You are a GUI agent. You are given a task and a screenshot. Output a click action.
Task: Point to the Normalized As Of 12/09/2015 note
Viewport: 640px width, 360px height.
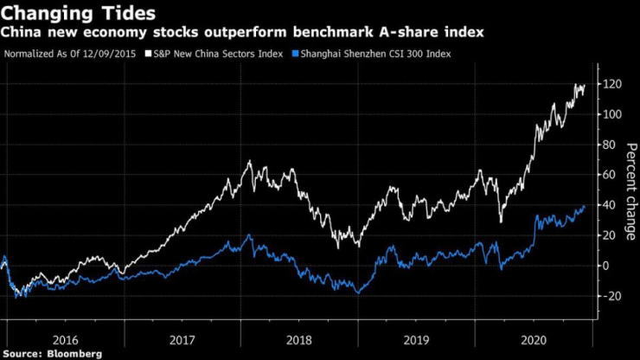pos(75,54)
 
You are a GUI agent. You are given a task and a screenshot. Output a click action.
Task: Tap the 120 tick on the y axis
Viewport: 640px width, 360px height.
pos(612,84)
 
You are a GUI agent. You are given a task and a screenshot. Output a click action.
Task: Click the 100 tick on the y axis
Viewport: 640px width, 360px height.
pos(612,114)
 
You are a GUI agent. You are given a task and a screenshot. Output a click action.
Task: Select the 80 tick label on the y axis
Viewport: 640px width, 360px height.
pos(610,145)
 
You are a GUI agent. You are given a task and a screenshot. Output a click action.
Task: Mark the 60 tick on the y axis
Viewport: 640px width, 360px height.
pos(610,175)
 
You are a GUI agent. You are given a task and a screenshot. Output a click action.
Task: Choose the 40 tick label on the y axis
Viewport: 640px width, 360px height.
pos(610,205)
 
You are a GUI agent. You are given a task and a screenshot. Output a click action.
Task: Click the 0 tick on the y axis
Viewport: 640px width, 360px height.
pos(607,266)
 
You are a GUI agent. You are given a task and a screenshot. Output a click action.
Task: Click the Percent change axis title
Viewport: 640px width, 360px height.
pos(631,190)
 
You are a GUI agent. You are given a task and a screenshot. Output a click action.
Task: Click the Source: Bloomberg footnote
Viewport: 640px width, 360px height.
pos(52,353)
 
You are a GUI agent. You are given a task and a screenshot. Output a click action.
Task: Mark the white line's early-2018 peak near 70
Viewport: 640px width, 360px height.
pos(249,161)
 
